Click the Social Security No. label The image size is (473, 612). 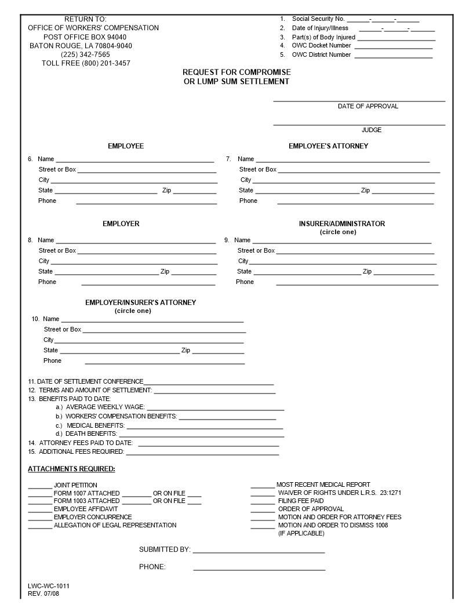pyautogui.click(x=318, y=19)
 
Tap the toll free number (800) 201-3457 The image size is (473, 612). pyautogui.click(x=86, y=63)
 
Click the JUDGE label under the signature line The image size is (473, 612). pyautogui.click(x=372, y=130)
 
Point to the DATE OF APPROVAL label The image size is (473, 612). pyautogui.click(x=368, y=106)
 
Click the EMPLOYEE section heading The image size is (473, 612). pyautogui.click(x=126, y=146)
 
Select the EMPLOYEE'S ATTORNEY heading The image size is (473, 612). pyautogui.click(x=328, y=146)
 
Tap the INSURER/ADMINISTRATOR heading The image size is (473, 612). pyautogui.click(x=341, y=224)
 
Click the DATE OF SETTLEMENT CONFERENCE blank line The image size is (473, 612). pyautogui.click(x=209, y=384)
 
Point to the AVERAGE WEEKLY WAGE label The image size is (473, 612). pyautogui.click(x=105, y=407)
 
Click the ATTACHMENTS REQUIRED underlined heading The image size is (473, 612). pyautogui.click(x=71, y=469)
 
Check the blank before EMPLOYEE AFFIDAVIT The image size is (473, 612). pyautogui.click(x=40, y=511)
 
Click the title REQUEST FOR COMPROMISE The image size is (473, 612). pyautogui.click(x=237, y=72)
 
